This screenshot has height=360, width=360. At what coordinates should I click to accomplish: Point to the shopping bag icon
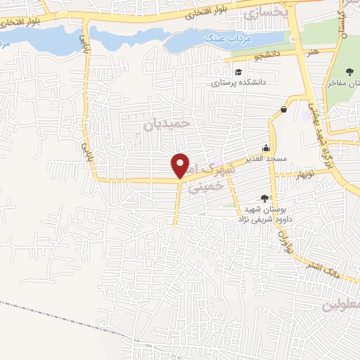coord(283,109)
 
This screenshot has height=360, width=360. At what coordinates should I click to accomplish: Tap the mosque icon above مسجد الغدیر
coord(265,148)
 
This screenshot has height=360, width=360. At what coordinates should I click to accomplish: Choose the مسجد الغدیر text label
coord(265,159)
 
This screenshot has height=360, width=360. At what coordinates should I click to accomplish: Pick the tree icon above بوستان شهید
coord(264,199)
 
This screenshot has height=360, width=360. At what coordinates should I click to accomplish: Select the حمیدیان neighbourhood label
coord(167,122)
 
